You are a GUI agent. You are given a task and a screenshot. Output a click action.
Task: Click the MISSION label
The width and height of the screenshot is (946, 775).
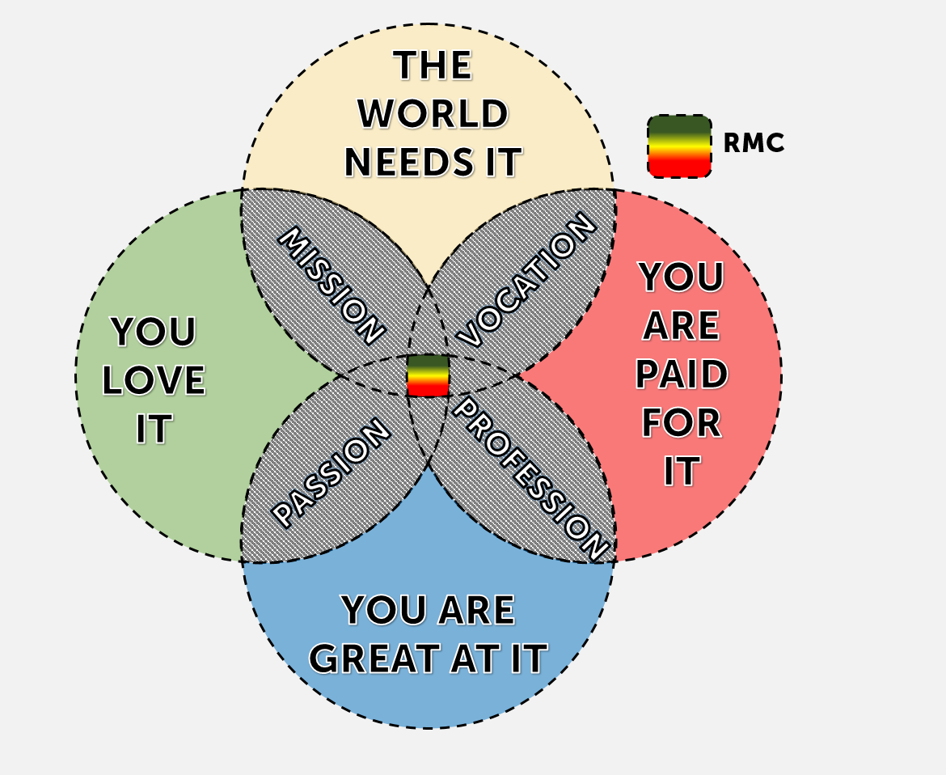(x=331, y=285)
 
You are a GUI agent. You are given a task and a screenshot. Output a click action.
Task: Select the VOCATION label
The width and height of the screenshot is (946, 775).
(x=527, y=279)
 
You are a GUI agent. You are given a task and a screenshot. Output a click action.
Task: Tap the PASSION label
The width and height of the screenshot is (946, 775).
(x=331, y=472)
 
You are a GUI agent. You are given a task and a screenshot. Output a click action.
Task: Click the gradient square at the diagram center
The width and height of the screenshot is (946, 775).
(x=428, y=375)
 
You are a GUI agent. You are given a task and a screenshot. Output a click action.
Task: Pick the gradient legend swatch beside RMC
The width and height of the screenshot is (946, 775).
(x=679, y=146)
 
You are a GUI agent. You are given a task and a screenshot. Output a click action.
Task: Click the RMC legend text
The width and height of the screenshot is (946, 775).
(x=754, y=144)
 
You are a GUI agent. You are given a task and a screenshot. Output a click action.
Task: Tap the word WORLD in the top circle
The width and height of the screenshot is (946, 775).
(x=433, y=114)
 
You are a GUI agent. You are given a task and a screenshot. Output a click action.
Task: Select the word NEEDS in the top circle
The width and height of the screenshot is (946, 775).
(x=397, y=162)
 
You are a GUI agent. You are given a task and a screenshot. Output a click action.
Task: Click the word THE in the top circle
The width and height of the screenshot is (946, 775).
(x=433, y=66)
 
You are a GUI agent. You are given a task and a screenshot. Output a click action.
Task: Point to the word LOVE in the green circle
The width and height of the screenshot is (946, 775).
(x=154, y=381)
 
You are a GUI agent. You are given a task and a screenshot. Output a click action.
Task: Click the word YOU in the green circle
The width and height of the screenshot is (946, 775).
(x=154, y=332)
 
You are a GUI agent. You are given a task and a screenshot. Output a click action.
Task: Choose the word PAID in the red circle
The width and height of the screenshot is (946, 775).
(x=681, y=375)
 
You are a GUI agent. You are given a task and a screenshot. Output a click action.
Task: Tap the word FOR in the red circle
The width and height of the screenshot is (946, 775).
(x=681, y=423)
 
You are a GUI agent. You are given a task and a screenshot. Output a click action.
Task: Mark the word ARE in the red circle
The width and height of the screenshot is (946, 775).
(x=681, y=326)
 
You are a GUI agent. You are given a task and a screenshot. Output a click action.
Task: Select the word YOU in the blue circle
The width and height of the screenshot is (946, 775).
(x=382, y=611)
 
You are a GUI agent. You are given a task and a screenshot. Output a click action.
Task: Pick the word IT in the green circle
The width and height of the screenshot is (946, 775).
(x=154, y=430)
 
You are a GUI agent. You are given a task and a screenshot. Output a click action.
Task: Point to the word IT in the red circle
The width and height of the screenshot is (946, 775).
(x=681, y=472)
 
